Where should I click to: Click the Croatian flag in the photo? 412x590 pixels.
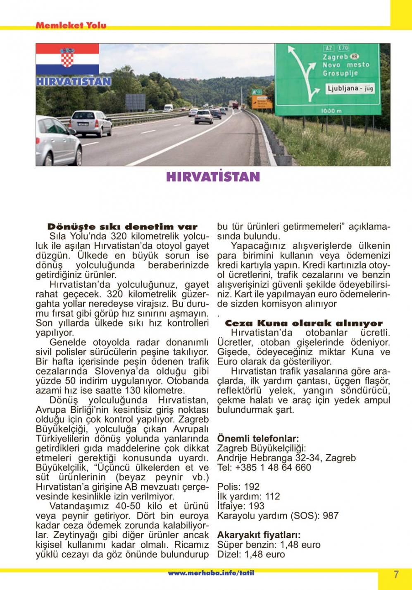(67, 59)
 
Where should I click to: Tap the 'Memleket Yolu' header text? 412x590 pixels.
(71, 25)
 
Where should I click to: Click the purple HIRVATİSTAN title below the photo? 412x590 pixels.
(213, 177)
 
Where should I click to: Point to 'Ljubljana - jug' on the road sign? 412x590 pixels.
(350, 89)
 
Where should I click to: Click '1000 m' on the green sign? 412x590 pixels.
(331, 111)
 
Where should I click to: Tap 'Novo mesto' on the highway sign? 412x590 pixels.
(345, 65)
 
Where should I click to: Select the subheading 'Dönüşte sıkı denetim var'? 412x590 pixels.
(123, 227)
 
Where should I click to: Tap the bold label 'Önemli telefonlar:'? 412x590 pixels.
(258, 439)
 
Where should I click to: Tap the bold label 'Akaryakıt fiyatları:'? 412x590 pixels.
(259, 535)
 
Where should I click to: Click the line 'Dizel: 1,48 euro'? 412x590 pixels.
(251, 554)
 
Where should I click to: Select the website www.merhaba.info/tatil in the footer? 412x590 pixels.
(211, 573)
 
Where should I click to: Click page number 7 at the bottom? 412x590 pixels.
(396, 575)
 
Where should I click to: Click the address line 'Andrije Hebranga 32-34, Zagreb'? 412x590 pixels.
(286, 458)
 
